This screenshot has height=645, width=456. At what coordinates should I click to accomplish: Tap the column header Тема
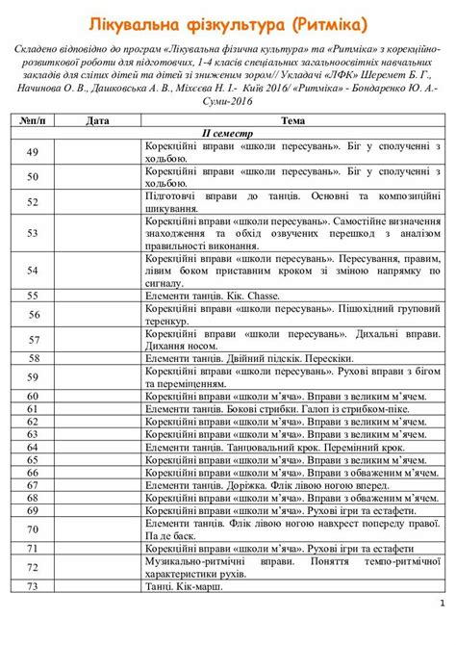pos(293,121)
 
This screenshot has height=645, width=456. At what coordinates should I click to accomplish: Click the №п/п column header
pos(33,121)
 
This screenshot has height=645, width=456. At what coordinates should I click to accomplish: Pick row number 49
pos(33,152)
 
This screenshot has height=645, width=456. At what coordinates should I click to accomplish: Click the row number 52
pos(33,202)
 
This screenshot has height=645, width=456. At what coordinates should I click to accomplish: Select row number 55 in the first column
pos(33,296)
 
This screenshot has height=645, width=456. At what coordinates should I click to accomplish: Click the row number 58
pos(33,356)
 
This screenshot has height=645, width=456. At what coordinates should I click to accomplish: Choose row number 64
pos(33,447)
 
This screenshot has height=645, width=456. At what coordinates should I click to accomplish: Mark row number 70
pos(33,529)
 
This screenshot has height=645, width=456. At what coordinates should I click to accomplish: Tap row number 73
pos(33,586)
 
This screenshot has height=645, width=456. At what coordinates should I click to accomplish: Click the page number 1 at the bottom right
pos(441,604)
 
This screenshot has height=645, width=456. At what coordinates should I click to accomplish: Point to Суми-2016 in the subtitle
pos(227,99)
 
